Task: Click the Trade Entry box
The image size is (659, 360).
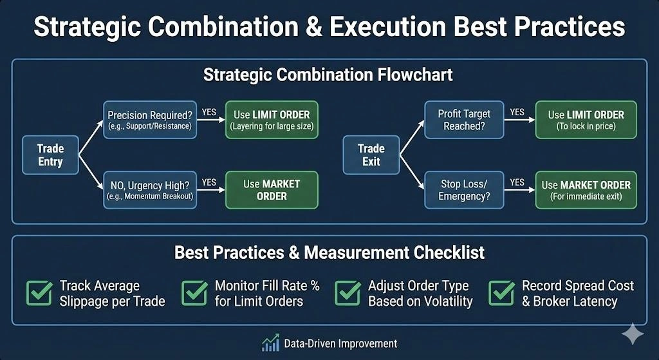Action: point(50,155)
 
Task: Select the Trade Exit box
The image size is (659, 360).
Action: point(371,155)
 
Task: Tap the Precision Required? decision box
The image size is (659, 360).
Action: point(149,120)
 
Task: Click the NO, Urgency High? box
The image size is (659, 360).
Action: point(149,189)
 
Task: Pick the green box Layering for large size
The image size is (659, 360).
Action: point(272,120)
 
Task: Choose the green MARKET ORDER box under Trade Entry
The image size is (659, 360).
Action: point(272,189)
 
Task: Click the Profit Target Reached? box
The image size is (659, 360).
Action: point(463,120)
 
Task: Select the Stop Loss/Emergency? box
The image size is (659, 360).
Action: point(463,189)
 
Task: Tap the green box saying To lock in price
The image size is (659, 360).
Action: point(586,120)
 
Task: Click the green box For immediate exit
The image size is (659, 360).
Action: point(586,189)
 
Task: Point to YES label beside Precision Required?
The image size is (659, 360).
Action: point(209,111)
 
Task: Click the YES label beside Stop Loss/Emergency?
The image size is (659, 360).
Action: point(517,182)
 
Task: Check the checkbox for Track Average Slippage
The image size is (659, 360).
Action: point(39,293)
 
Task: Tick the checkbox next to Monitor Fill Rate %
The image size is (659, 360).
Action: point(194,293)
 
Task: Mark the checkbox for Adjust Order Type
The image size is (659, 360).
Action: point(348,293)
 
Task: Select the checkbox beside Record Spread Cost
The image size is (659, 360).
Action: point(501,293)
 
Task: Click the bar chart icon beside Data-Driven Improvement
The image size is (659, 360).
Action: point(270,343)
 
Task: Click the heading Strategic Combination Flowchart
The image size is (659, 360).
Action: point(328,75)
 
